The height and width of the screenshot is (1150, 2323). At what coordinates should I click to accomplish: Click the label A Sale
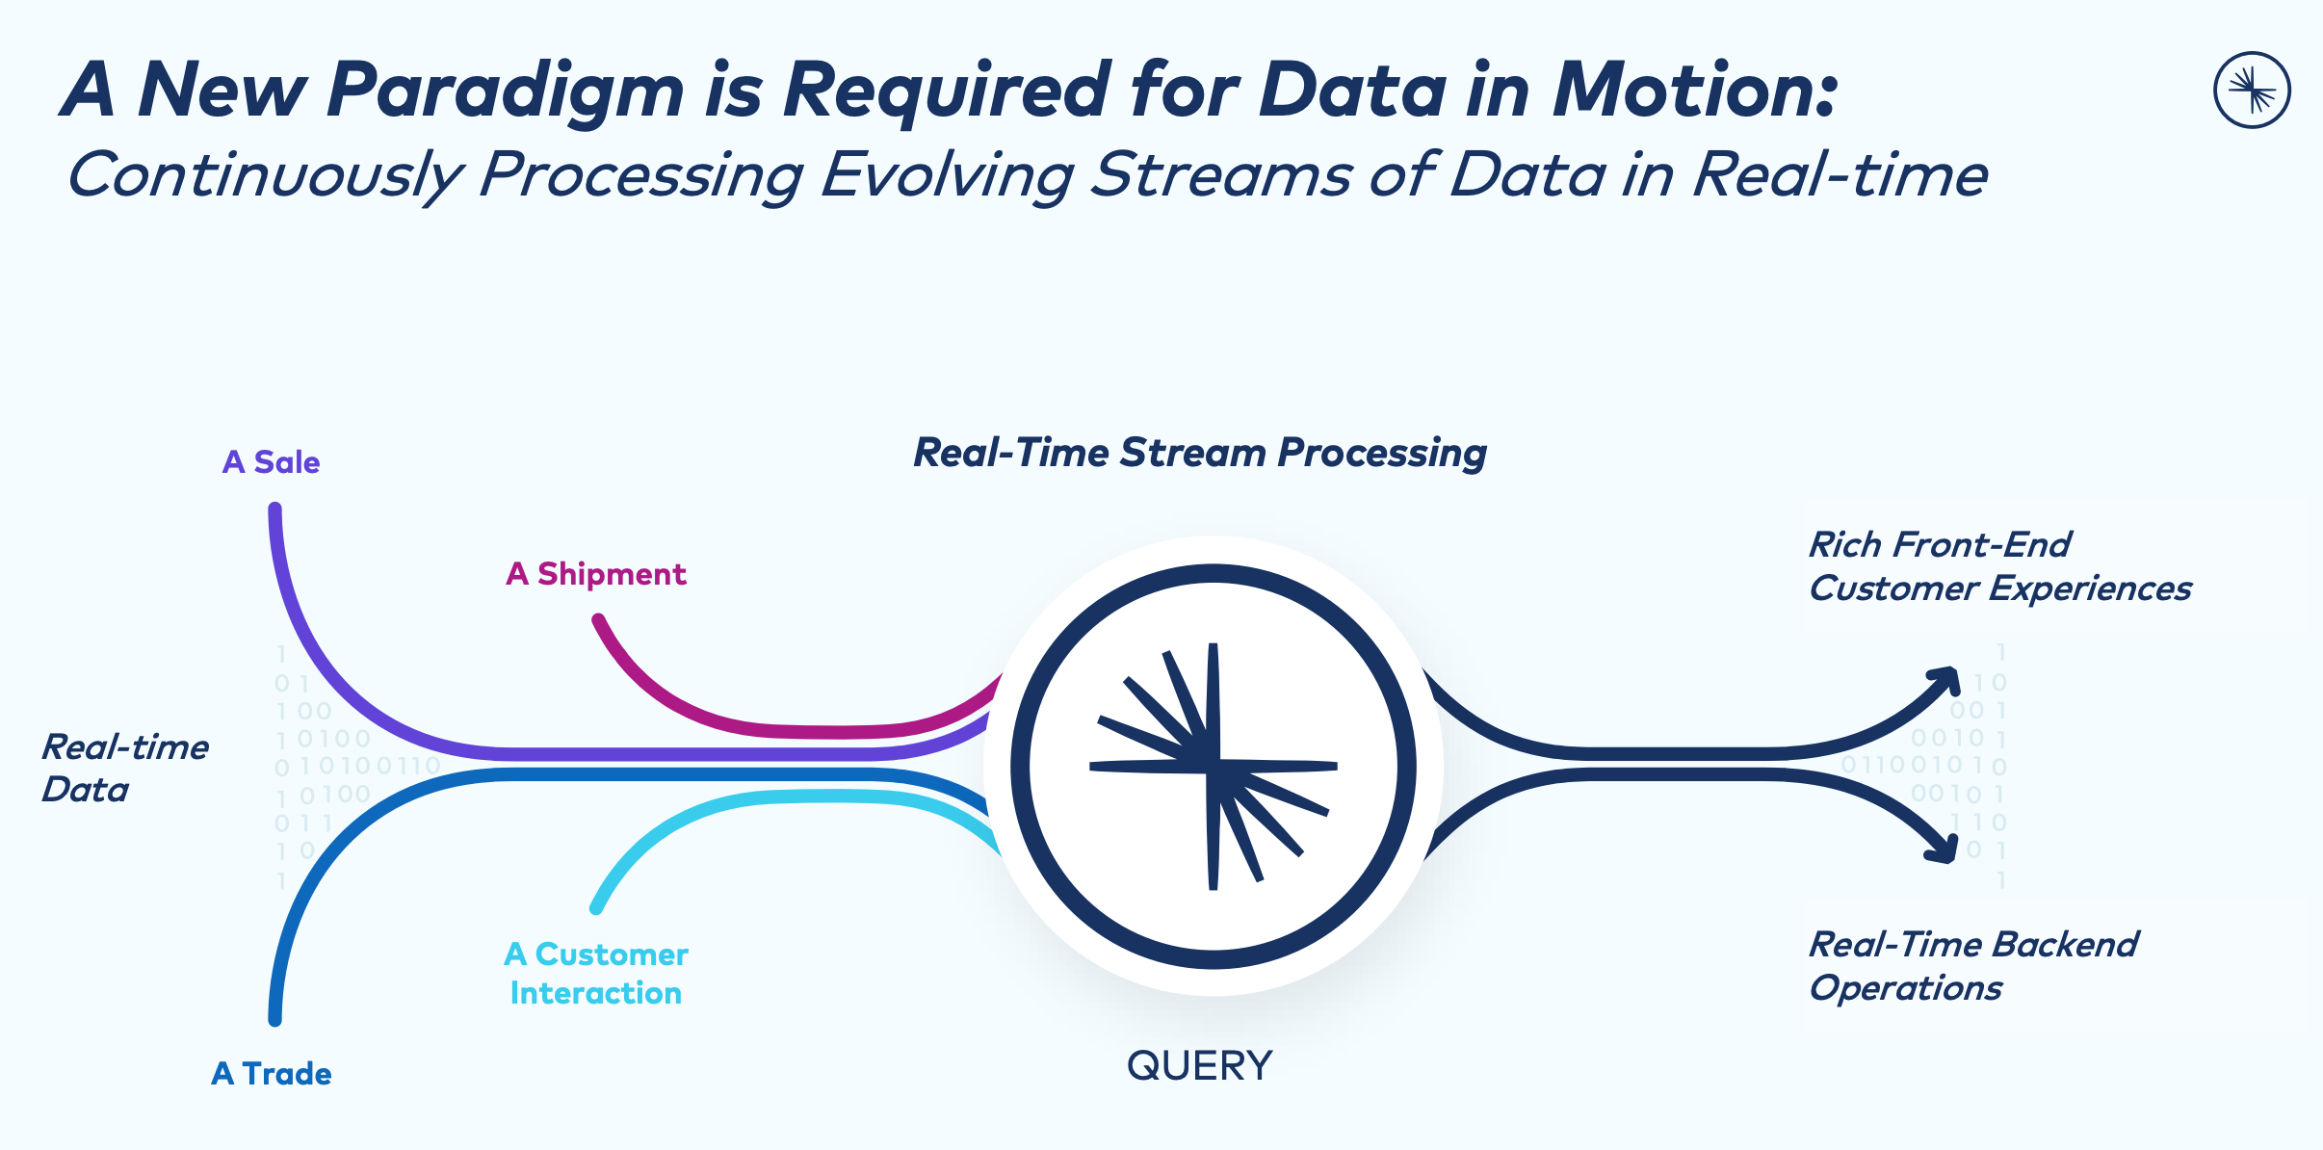[271, 462]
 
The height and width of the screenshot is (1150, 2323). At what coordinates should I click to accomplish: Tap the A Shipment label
[595, 574]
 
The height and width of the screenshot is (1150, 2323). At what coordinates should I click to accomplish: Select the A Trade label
[271, 1073]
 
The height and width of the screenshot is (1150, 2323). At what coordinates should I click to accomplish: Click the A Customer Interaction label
[595, 973]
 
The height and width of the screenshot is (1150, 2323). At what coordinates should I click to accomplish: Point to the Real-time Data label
[124, 768]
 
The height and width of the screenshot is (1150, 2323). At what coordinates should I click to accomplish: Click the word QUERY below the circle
[1199, 1066]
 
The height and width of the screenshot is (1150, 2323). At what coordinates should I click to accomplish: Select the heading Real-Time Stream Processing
[1199, 453]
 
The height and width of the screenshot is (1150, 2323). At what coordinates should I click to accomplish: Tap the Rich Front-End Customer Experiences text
[1998, 566]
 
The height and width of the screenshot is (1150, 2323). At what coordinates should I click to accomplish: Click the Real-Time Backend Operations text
[1972, 965]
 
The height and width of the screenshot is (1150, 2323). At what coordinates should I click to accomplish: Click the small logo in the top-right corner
[2252, 91]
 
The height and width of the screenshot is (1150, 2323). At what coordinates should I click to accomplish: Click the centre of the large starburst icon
[1214, 767]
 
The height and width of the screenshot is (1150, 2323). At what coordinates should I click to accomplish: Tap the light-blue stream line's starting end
[597, 906]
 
